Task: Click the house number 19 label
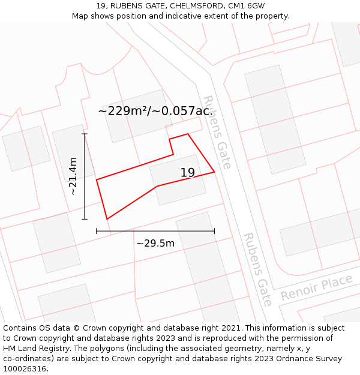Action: [188, 173]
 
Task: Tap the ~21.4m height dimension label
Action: [73, 176]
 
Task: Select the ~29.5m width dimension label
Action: [155, 243]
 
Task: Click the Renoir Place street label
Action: [316, 287]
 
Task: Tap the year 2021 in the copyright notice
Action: [228, 328]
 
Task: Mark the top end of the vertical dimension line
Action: [85, 134]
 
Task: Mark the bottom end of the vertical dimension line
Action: [85, 219]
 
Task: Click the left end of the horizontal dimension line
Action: [97, 231]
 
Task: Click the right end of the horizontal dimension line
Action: [214, 231]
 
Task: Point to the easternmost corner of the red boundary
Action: [214, 172]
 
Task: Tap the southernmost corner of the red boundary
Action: [107, 219]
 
